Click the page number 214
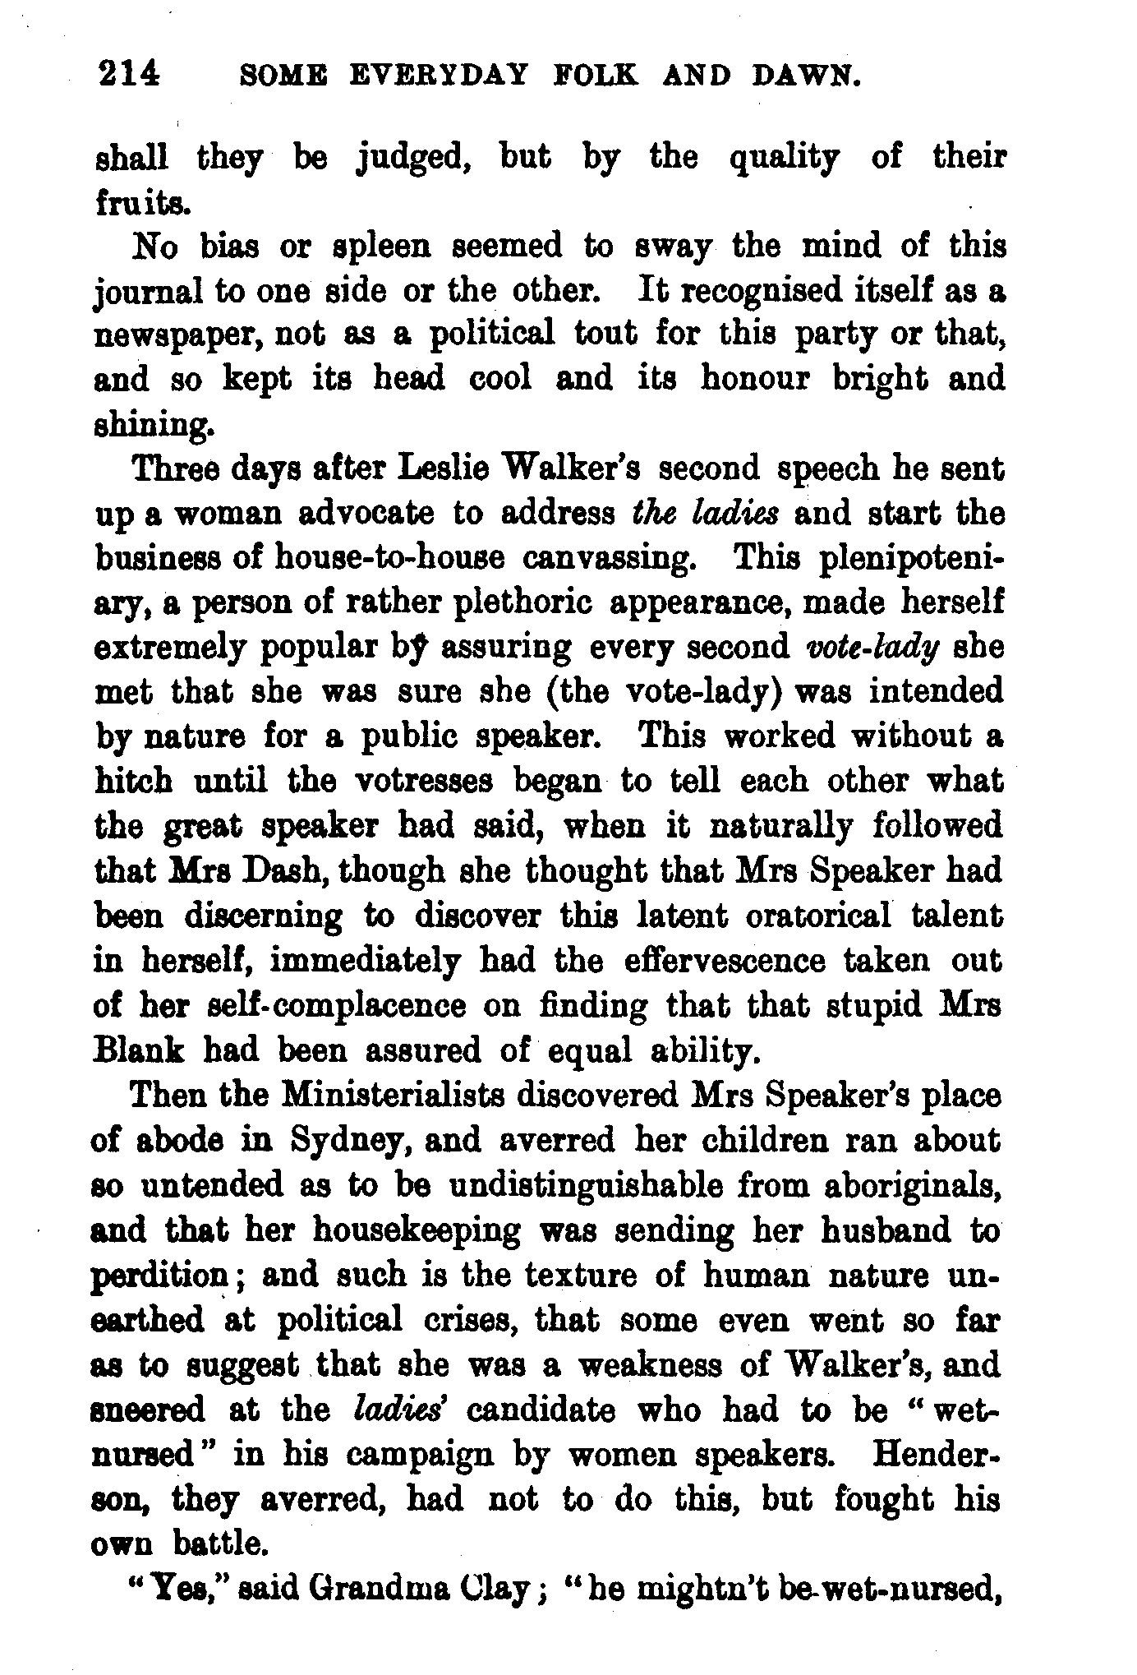(x=129, y=76)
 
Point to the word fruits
(x=143, y=202)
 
